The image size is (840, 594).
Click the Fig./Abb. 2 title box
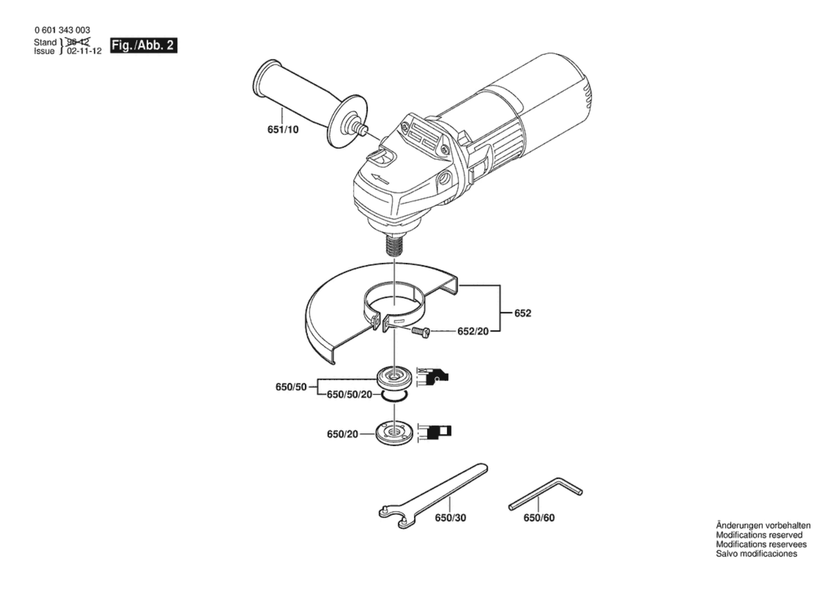[143, 45]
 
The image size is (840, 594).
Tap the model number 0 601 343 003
[62, 30]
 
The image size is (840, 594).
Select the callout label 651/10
[283, 130]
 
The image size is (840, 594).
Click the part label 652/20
[473, 331]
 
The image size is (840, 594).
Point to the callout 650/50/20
[349, 395]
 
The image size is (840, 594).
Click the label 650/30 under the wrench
[450, 518]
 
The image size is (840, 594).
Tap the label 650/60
[539, 518]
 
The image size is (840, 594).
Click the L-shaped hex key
[547, 493]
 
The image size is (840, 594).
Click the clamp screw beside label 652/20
[420, 331]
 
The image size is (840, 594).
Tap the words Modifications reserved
[759, 535]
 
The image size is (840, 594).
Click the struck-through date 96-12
[78, 42]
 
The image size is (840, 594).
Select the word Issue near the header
[44, 51]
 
